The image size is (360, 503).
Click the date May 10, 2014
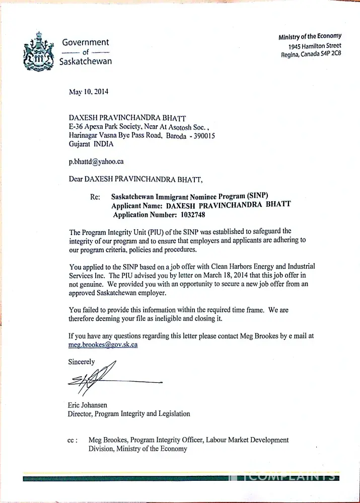[88, 92]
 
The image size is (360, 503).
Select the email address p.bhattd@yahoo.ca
[96, 161]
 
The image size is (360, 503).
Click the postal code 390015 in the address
[201, 135]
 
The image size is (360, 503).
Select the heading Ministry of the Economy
[310, 36]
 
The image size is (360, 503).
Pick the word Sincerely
[81, 362]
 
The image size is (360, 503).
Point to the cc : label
[73, 440]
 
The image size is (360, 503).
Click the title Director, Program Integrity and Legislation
[129, 414]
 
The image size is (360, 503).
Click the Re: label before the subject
[95, 197]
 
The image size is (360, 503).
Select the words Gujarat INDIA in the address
[91, 144]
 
